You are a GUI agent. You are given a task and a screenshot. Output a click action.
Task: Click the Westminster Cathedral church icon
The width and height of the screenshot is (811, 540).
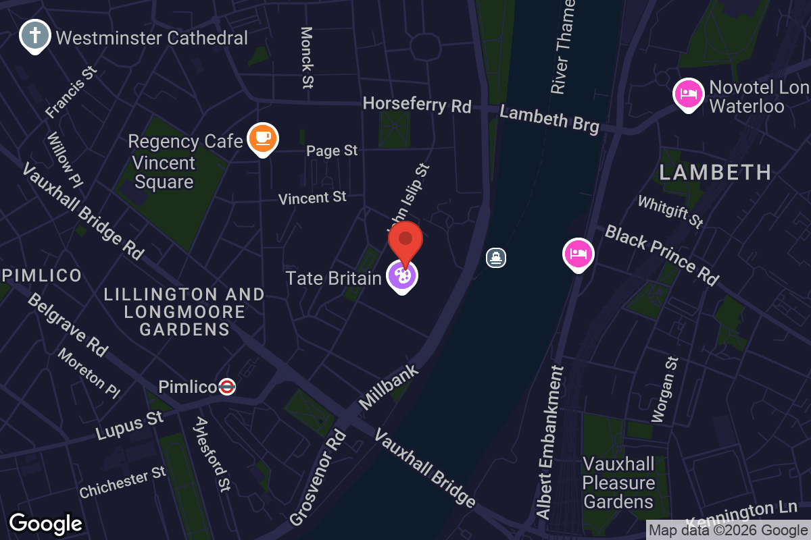pyautogui.click(x=33, y=34)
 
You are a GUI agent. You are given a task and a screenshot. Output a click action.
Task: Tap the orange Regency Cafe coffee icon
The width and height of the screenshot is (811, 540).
pyautogui.click(x=262, y=138)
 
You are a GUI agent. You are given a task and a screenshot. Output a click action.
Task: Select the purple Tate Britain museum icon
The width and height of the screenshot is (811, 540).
pyautogui.click(x=402, y=275)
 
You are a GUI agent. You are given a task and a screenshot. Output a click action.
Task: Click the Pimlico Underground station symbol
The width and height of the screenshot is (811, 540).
pyautogui.click(x=227, y=387)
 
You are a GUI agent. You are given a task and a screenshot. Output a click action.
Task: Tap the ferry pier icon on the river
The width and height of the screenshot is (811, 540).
pyautogui.click(x=496, y=257)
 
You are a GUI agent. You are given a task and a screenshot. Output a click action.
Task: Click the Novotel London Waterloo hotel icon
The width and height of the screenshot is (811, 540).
pyautogui.click(x=687, y=93)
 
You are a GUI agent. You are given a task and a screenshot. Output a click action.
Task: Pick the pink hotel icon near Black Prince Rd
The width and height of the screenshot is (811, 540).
pyautogui.click(x=579, y=254)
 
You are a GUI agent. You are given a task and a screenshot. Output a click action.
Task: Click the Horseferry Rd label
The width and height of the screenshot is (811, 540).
pyautogui.click(x=417, y=105)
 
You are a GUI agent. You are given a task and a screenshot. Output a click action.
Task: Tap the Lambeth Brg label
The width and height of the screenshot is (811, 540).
pyautogui.click(x=549, y=119)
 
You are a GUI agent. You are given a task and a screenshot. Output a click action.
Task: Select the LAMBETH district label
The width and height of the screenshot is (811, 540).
pyautogui.click(x=715, y=173)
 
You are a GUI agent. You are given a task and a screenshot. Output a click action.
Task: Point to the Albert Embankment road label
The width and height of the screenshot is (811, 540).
pyautogui.click(x=549, y=442)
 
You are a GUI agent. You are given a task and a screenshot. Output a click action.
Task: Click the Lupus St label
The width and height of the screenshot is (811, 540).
pyautogui.click(x=130, y=426)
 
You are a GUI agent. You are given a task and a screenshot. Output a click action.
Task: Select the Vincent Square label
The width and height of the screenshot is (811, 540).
pyautogui.click(x=164, y=173)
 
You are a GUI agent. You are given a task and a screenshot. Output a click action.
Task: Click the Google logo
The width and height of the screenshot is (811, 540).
pyautogui.click(x=45, y=524)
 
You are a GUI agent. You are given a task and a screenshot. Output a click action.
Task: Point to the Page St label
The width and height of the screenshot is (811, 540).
pyautogui.click(x=332, y=151)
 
